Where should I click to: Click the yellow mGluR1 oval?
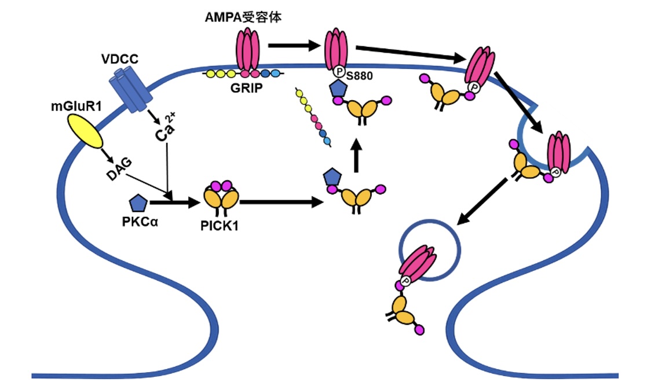[86, 131]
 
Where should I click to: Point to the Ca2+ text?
[164, 133]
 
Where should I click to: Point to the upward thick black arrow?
[357, 155]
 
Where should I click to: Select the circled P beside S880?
[339, 73]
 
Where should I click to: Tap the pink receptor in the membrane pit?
[558, 152]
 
